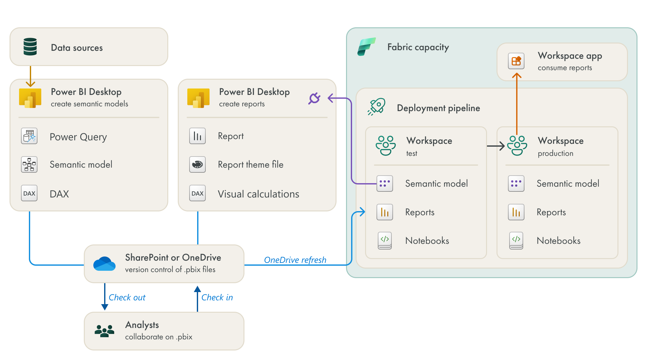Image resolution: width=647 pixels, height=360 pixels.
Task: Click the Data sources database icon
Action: [30, 47]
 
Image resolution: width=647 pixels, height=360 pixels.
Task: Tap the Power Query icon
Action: [29, 136]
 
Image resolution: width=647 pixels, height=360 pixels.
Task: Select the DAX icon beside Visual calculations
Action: [197, 193]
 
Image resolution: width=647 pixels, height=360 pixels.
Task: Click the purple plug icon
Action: [314, 98]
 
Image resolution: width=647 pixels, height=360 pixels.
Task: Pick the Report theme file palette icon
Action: [197, 164]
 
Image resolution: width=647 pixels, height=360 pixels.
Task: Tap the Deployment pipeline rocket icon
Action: [377, 107]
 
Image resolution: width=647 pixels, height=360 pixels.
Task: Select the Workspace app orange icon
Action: [516, 61]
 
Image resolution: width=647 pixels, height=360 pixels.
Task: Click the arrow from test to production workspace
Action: [496, 146]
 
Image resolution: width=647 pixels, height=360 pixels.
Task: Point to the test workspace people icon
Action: [386, 145]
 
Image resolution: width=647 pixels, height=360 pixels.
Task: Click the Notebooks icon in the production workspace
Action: [516, 241]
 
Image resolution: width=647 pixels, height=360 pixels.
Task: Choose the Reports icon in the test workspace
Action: [385, 212]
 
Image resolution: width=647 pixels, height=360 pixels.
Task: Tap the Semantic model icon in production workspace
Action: [516, 183]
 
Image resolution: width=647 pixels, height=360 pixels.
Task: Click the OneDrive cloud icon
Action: [104, 263]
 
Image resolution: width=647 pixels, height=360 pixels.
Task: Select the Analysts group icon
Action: [104, 331]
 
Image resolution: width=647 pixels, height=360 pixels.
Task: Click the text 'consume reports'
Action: [565, 68]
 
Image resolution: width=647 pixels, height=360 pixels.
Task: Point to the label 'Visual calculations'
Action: [258, 194]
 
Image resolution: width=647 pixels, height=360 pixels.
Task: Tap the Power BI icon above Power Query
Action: [30, 98]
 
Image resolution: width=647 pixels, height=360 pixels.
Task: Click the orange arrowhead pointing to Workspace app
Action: [517, 76]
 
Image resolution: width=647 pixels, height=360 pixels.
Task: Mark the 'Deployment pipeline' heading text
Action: [438, 108]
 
